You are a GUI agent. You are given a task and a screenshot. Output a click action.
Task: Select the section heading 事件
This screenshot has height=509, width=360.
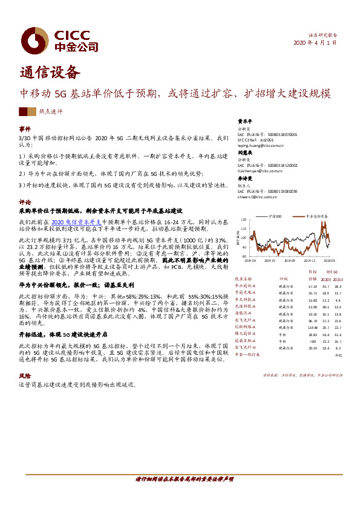25,129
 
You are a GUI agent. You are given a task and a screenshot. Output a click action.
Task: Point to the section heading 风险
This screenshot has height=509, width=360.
25,375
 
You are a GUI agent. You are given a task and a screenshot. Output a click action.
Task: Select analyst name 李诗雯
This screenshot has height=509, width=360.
244,179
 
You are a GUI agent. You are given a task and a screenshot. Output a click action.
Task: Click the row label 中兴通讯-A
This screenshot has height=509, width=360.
246,286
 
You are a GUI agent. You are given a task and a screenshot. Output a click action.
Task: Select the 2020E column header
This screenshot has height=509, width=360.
326,279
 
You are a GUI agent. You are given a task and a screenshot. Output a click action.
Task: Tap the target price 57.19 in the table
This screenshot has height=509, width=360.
312,286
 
